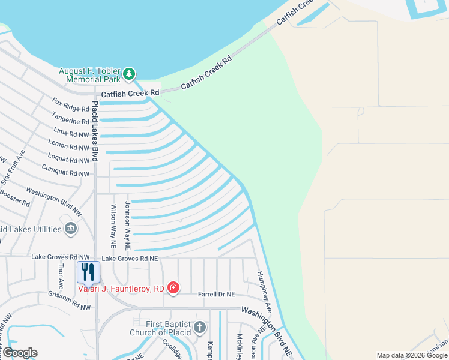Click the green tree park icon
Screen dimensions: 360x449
pyautogui.click(x=129, y=74)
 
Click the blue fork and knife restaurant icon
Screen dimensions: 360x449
pyautogui.click(x=88, y=272)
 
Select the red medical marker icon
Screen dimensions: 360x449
pyautogui.click(x=173, y=288)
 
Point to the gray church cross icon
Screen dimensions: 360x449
pyautogui.click(x=200, y=328)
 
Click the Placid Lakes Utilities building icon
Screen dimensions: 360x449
pyautogui.click(x=71, y=229)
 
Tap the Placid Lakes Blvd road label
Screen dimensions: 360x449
pyautogui.click(x=95, y=131)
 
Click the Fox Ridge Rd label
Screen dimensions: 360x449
pyautogui.click(x=70, y=104)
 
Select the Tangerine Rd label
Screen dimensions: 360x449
pyautogui.click(x=70, y=118)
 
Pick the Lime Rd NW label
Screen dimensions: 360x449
pyautogui.click(x=71, y=131)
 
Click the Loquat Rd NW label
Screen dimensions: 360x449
pyautogui.click(x=70, y=160)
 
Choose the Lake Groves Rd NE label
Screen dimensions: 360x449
pyautogui.click(x=130, y=258)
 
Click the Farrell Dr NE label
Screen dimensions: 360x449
pyautogui.click(x=217, y=294)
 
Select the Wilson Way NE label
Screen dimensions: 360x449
pyautogui.click(x=112, y=226)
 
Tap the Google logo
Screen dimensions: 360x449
pyautogui.click(x=20, y=353)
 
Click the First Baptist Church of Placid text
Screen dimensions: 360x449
pyautogui.click(x=161, y=328)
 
